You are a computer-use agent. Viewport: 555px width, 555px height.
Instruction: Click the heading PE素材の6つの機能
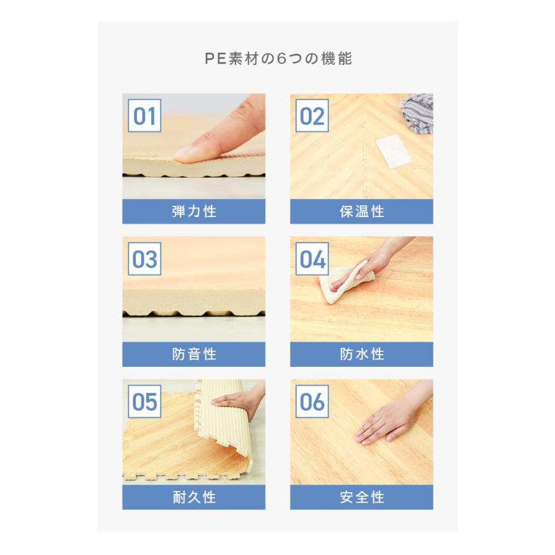(278, 59)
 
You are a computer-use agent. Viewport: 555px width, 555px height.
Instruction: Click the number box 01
(144, 116)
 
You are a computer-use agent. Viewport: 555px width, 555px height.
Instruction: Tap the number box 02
(312, 116)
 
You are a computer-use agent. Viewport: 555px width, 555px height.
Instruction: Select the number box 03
(144, 259)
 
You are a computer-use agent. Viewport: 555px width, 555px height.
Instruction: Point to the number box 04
(312, 259)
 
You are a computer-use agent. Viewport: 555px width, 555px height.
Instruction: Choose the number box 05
(144, 401)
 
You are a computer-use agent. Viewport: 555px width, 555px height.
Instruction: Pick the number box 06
(312, 401)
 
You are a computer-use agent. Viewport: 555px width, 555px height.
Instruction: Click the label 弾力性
(194, 212)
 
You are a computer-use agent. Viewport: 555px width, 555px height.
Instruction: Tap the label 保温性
(362, 212)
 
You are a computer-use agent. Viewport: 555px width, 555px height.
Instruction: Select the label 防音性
(194, 355)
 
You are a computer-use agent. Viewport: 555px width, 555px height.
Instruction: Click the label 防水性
(362, 355)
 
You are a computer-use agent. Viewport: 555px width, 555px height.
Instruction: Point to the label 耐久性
(194, 497)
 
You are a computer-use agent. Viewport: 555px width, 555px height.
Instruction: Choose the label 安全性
(362, 497)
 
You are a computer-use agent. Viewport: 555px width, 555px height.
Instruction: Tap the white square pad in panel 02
(393, 154)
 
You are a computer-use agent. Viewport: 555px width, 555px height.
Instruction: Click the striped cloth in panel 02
(417, 113)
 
